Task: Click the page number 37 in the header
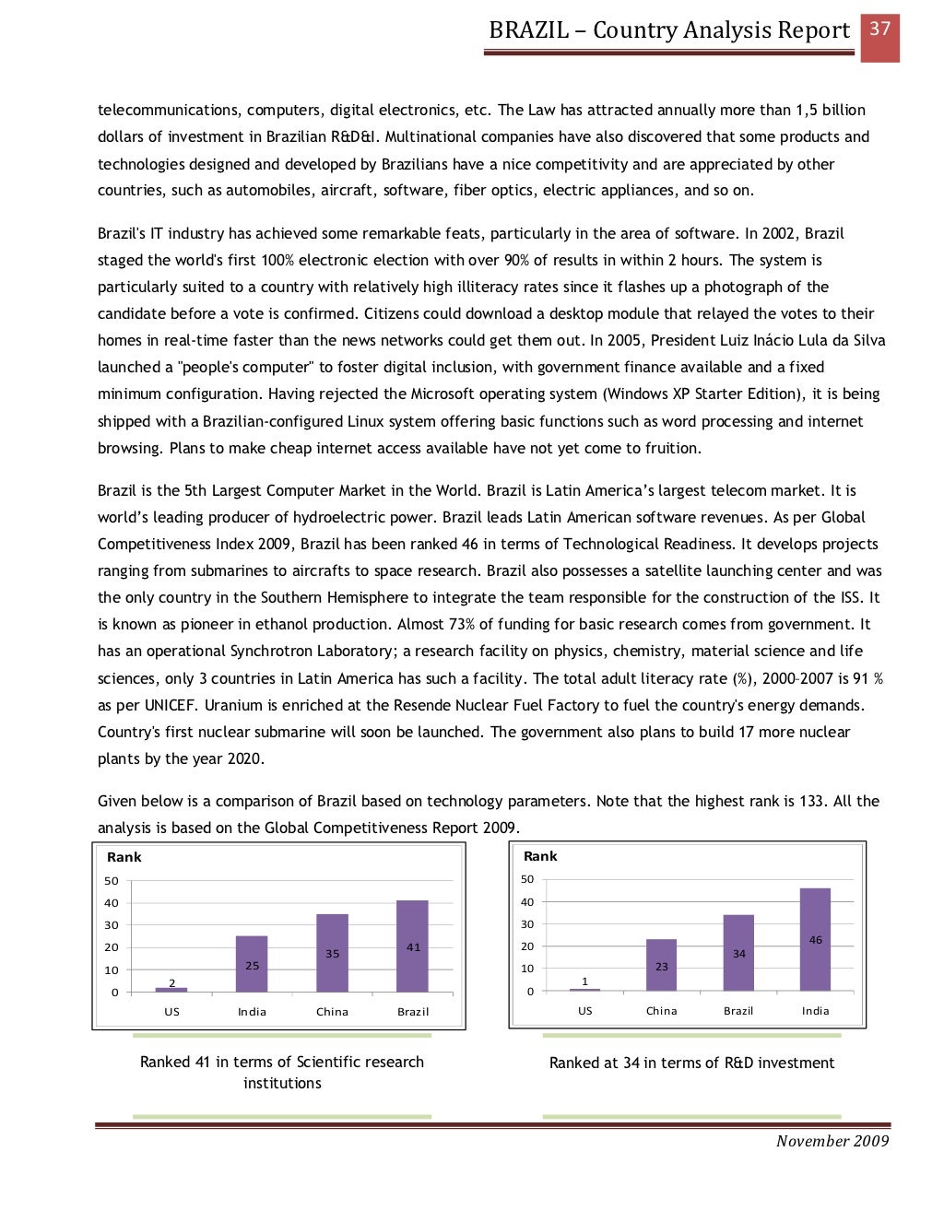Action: coord(879,29)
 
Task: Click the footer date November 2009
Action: coord(832,1141)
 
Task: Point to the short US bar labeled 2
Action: coord(171,989)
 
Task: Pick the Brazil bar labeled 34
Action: coord(738,952)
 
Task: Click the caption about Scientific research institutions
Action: coord(282,1072)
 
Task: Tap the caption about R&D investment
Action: coord(691,1063)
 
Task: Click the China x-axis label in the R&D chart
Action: coord(661,1011)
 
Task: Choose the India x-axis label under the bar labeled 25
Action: coord(252,1012)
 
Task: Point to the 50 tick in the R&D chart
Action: coord(527,879)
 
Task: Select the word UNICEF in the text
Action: coord(169,706)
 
